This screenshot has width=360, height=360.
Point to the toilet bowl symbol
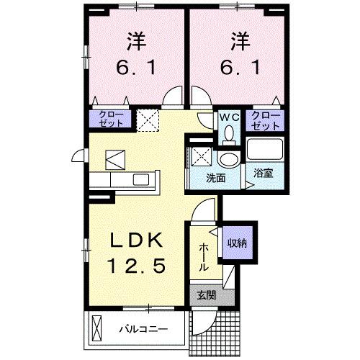coord(230,132)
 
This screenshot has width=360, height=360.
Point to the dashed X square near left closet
coord(148,118)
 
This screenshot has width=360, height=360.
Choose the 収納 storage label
coord(237,243)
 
